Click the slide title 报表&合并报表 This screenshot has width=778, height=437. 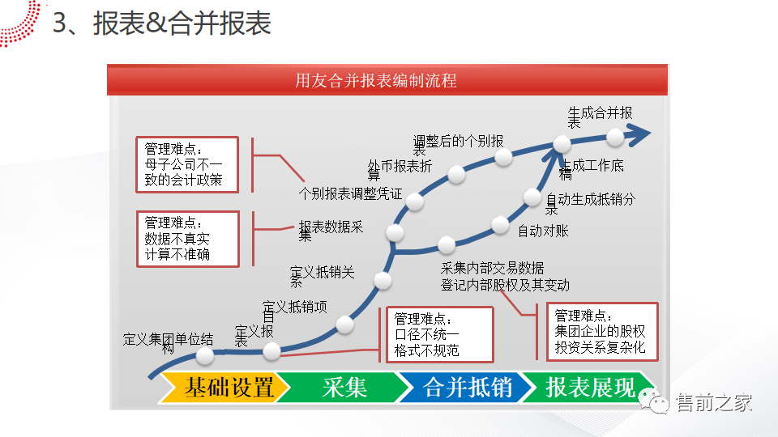(182, 24)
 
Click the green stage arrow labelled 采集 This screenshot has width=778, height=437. (344, 388)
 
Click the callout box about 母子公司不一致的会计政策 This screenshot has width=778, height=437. (187, 164)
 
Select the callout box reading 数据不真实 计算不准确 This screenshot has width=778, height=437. (187, 239)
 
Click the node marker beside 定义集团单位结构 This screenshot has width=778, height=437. (205, 354)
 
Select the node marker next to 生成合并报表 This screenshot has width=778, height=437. (615, 138)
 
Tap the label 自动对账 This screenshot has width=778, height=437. (543, 231)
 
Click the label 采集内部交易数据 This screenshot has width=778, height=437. (492, 268)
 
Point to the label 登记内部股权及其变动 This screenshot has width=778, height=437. (505, 285)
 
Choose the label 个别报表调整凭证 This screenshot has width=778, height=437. (350, 194)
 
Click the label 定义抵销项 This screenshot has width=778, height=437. (295, 307)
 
